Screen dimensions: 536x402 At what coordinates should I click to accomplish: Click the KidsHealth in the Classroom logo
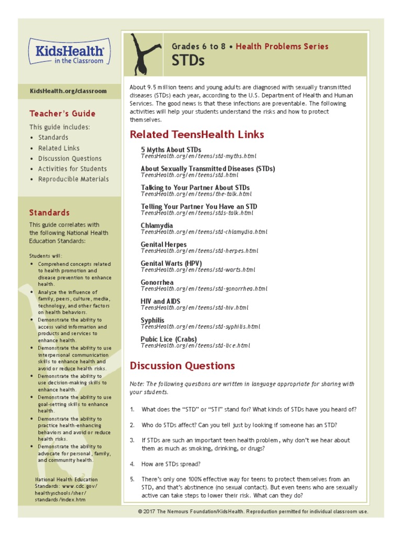click(69, 53)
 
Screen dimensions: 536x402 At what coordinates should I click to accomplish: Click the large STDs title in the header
click(188, 61)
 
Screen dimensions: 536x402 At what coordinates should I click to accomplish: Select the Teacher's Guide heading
click(62, 114)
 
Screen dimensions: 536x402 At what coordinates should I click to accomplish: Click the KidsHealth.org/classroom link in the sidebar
click(68, 91)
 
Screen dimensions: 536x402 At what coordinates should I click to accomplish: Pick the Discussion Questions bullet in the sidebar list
click(70, 158)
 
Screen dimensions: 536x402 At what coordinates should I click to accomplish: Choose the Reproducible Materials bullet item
click(73, 179)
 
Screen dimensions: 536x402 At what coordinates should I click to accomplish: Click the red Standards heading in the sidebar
click(49, 213)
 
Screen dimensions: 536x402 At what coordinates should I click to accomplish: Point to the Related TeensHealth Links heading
click(197, 135)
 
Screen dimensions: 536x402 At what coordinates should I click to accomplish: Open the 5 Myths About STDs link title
click(171, 150)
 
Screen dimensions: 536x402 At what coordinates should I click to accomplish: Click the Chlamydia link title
click(157, 226)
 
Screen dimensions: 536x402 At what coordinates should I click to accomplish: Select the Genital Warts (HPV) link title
click(171, 263)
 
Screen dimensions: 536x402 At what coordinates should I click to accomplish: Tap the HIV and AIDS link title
click(160, 301)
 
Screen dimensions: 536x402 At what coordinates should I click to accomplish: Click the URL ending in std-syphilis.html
click(200, 327)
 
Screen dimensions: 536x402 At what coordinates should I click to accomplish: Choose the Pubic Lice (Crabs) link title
click(169, 339)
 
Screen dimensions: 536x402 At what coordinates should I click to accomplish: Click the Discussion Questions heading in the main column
click(182, 365)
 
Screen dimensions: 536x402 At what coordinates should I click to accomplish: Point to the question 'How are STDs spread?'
click(171, 464)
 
